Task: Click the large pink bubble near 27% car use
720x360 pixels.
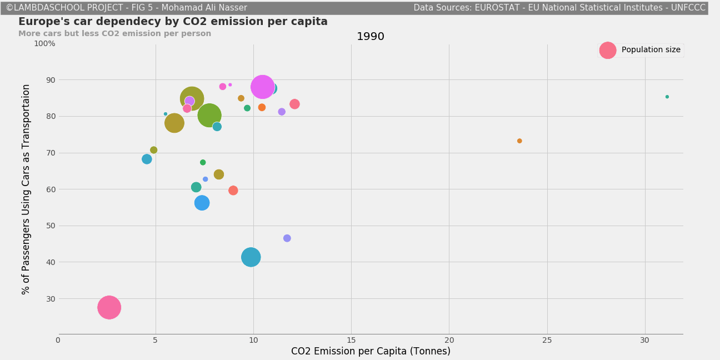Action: tap(109, 307)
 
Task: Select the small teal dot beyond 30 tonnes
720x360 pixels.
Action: tap(667, 97)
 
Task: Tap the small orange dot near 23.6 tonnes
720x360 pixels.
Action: tap(519, 141)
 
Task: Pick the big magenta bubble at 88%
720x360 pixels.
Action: tap(262, 87)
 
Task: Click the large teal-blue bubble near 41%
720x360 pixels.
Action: tap(251, 257)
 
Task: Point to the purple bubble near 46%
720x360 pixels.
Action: tap(287, 238)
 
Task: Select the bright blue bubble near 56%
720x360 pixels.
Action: tap(202, 203)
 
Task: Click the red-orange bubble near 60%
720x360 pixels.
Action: tap(233, 191)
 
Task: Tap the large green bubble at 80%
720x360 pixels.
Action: tap(209, 116)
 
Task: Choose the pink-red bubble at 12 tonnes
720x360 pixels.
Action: tap(294, 104)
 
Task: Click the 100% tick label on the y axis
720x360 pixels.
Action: tap(44, 43)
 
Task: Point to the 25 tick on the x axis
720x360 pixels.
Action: tap(547, 340)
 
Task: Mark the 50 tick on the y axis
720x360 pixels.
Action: tap(51, 226)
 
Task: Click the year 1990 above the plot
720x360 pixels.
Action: tap(370, 37)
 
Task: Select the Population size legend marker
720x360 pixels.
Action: tap(607, 50)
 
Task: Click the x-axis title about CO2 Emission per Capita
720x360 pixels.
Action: tap(371, 351)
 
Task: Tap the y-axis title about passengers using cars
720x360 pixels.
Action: tap(26, 189)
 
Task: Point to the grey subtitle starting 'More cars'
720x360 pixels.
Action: tap(114, 34)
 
